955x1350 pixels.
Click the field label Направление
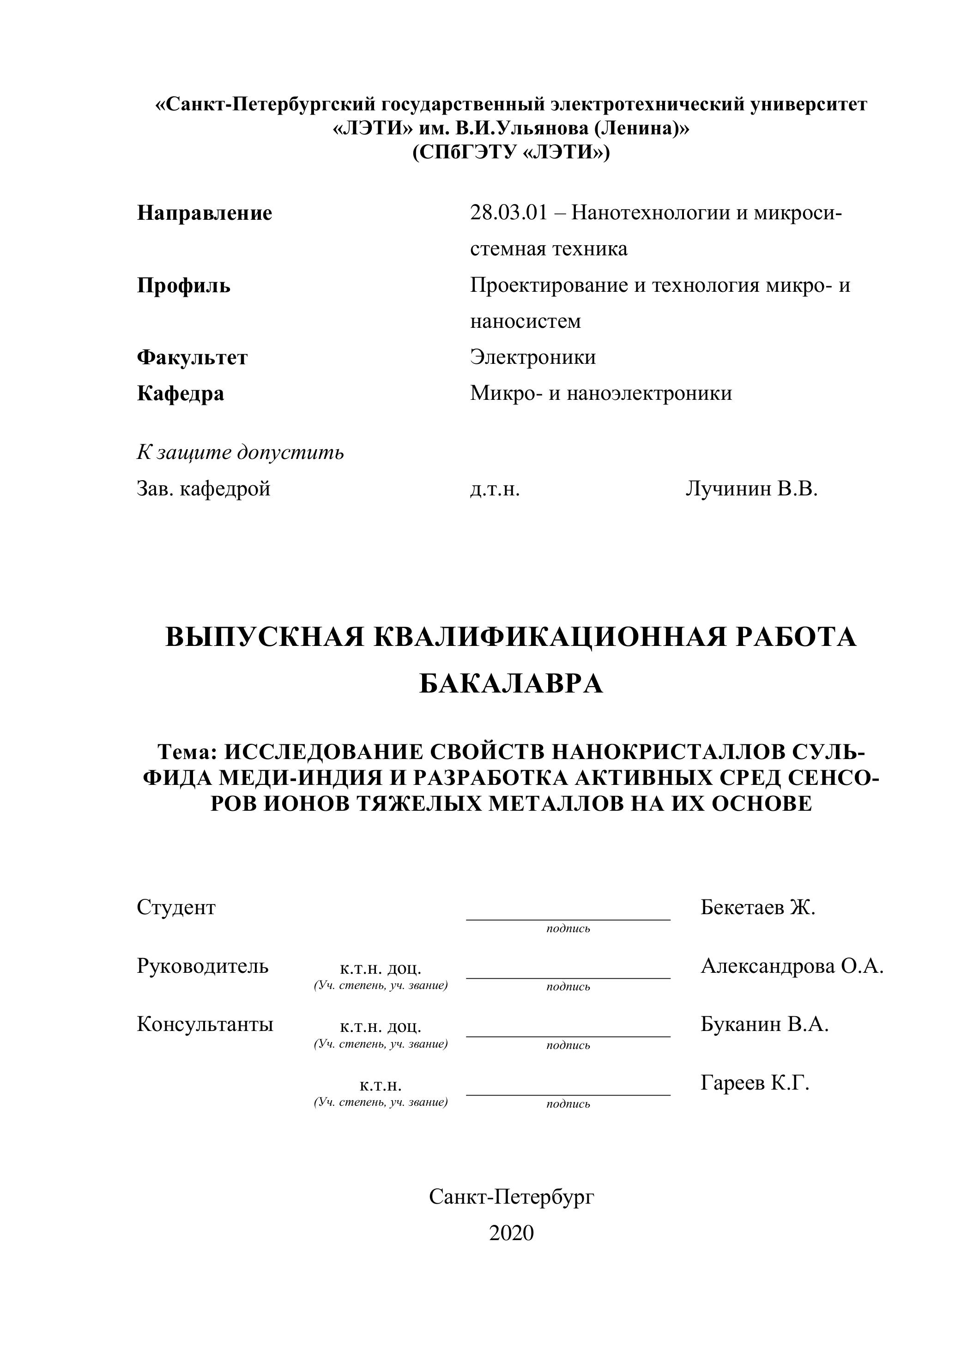[x=205, y=213]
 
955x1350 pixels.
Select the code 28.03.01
[x=508, y=212]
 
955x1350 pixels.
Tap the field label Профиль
[x=183, y=286]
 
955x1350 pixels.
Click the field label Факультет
[x=192, y=357]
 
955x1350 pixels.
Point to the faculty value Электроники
[x=533, y=357]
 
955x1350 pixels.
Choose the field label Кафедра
[x=181, y=393]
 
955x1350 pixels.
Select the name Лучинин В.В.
[x=751, y=488]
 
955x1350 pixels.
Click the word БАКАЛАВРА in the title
[x=511, y=684]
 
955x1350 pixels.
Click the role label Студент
[x=176, y=907]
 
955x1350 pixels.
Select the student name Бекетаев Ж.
[x=758, y=907]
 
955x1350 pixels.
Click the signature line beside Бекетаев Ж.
[x=568, y=918]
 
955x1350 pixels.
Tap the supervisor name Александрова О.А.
[x=792, y=965]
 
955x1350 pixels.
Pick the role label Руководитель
[x=203, y=965]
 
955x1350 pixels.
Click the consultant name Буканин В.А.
[x=764, y=1024]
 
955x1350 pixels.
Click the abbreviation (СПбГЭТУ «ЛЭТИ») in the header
[x=511, y=152]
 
